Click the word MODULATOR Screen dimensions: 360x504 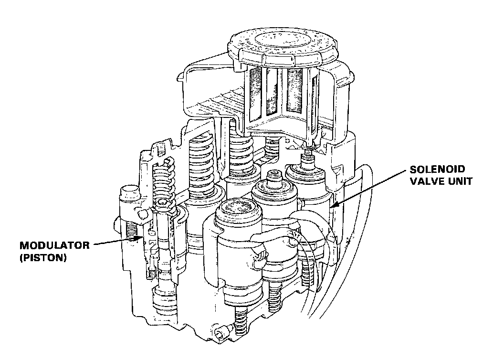[54, 245]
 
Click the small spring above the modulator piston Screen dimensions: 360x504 [163, 179]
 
